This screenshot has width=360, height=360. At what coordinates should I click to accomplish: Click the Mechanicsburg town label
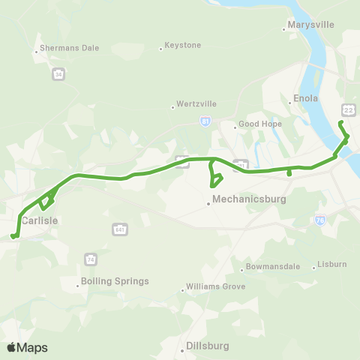point(249,200)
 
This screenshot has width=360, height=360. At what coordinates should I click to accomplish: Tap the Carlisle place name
point(40,220)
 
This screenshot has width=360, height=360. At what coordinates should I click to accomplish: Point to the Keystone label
point(184,46)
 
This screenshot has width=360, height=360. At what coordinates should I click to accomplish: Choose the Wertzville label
point(195,103)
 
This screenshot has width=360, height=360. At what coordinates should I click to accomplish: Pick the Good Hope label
point(258,124)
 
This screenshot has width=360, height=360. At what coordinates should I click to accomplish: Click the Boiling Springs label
point(116,281)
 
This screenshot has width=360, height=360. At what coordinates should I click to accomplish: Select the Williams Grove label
point(214,286)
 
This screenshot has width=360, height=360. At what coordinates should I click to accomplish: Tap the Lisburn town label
point(331,264)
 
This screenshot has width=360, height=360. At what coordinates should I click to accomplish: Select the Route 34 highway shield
point(58,74)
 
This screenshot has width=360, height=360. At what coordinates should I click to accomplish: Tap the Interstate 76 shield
point(320,220)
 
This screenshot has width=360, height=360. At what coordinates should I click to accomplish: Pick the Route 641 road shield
point(119,228)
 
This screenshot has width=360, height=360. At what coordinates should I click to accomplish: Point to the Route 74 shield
point(91,259)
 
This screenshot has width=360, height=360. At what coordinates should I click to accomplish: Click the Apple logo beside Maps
point(11,347)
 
